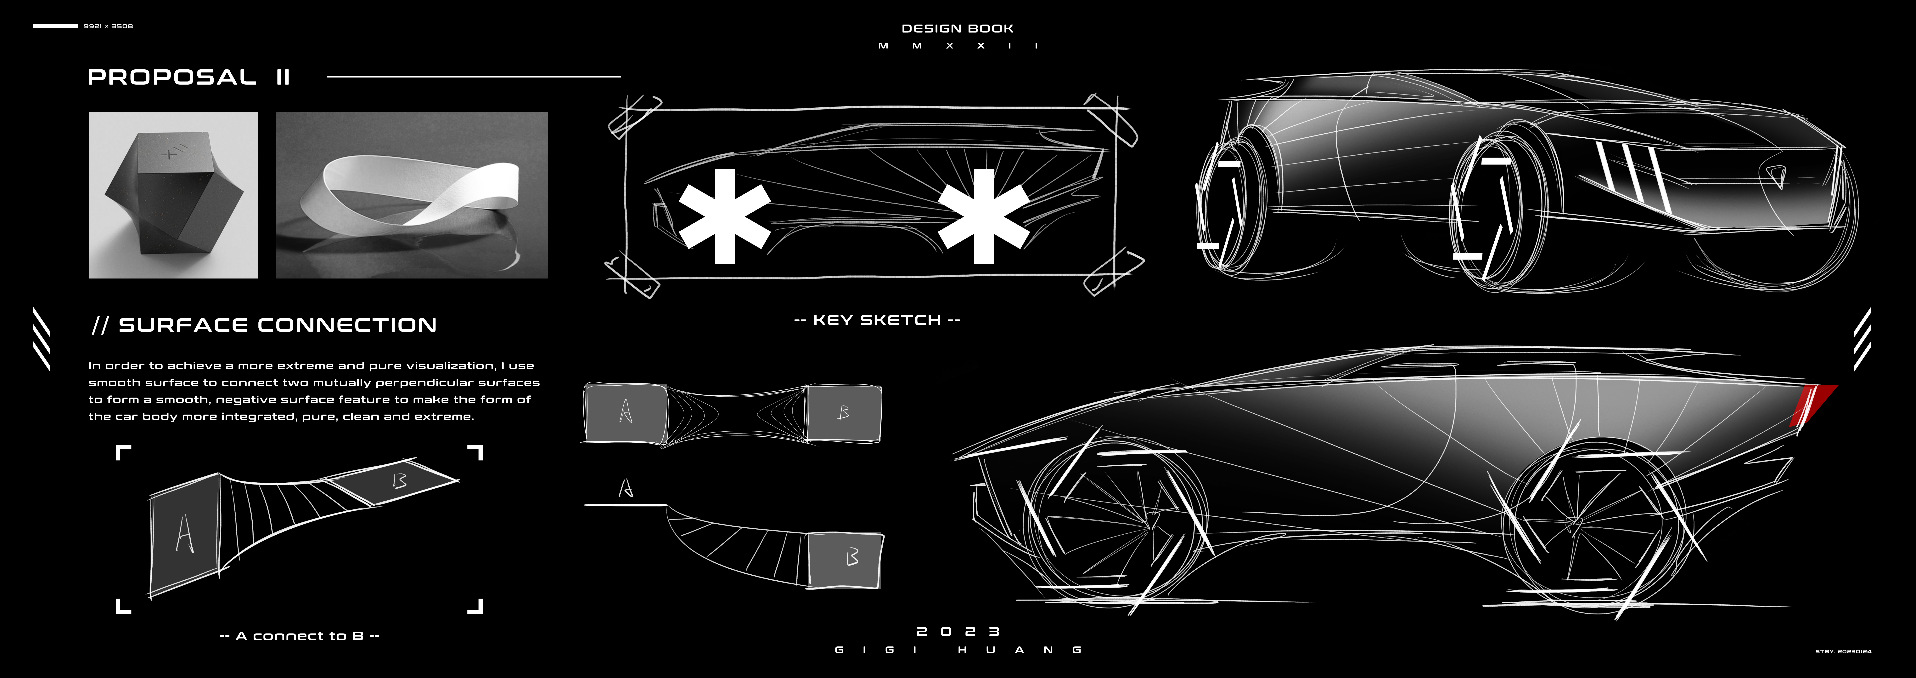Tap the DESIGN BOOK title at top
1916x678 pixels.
pyautogui.click(x=957, y=28)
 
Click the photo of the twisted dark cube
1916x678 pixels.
pyautogui.click(x=173, y=195)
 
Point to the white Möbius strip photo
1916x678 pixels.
pyautogui.click(x=411, y=195)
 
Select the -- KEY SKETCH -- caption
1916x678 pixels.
pyautogui.click(x=877, y=320)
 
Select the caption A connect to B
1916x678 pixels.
pyautogui.click(x=300, y=636)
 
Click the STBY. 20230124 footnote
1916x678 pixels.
pyautogui.click(x=1843, y=651)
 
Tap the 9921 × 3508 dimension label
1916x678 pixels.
pyautogui.click(x=108, y=26)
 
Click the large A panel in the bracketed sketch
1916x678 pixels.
pyautogui.click(x=184, y=534)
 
